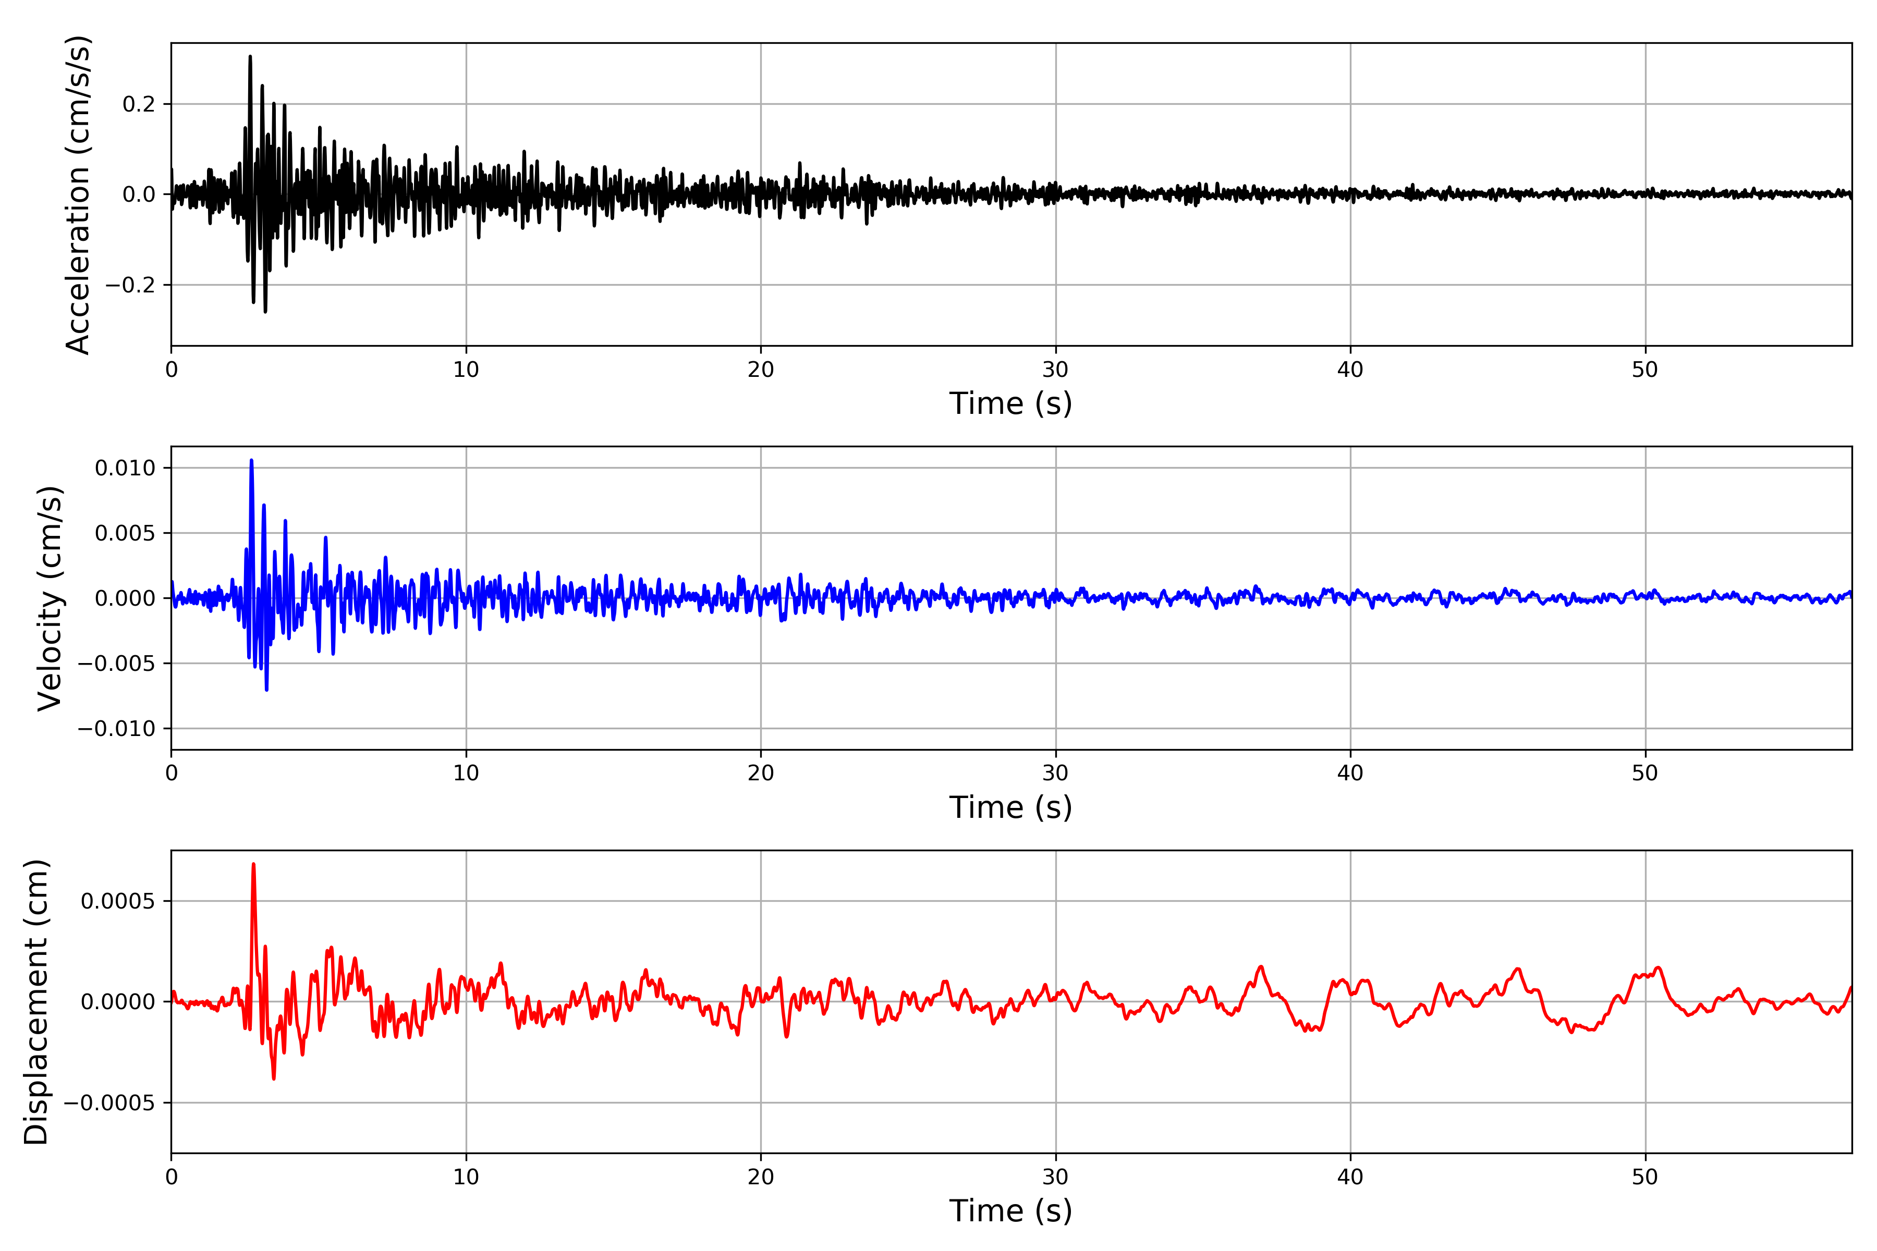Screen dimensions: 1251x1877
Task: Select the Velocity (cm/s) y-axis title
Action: pos(50,598)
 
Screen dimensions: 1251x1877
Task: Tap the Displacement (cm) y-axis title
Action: pos(36,1002)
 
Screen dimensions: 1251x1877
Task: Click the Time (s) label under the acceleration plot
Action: pos(1010,403)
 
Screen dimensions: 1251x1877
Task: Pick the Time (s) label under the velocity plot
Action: pos(1010,807)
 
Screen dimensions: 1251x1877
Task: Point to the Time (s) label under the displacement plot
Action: pos(1010,1211)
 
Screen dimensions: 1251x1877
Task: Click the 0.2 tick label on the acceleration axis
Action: pos(139,105)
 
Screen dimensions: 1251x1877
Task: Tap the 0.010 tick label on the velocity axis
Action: pos(125,468)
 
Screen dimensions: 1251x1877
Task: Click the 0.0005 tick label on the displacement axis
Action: pos(118,902)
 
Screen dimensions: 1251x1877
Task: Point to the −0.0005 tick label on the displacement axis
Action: pos(110,1103)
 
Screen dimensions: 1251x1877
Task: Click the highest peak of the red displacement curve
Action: pos(254,864)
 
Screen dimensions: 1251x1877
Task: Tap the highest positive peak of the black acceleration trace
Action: pos(250,57)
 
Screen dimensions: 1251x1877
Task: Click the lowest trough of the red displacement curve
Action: pos(274,1078)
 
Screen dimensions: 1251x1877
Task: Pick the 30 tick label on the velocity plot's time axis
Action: pos(1055,773)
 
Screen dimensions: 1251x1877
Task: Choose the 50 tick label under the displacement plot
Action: pos(1645,1177)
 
